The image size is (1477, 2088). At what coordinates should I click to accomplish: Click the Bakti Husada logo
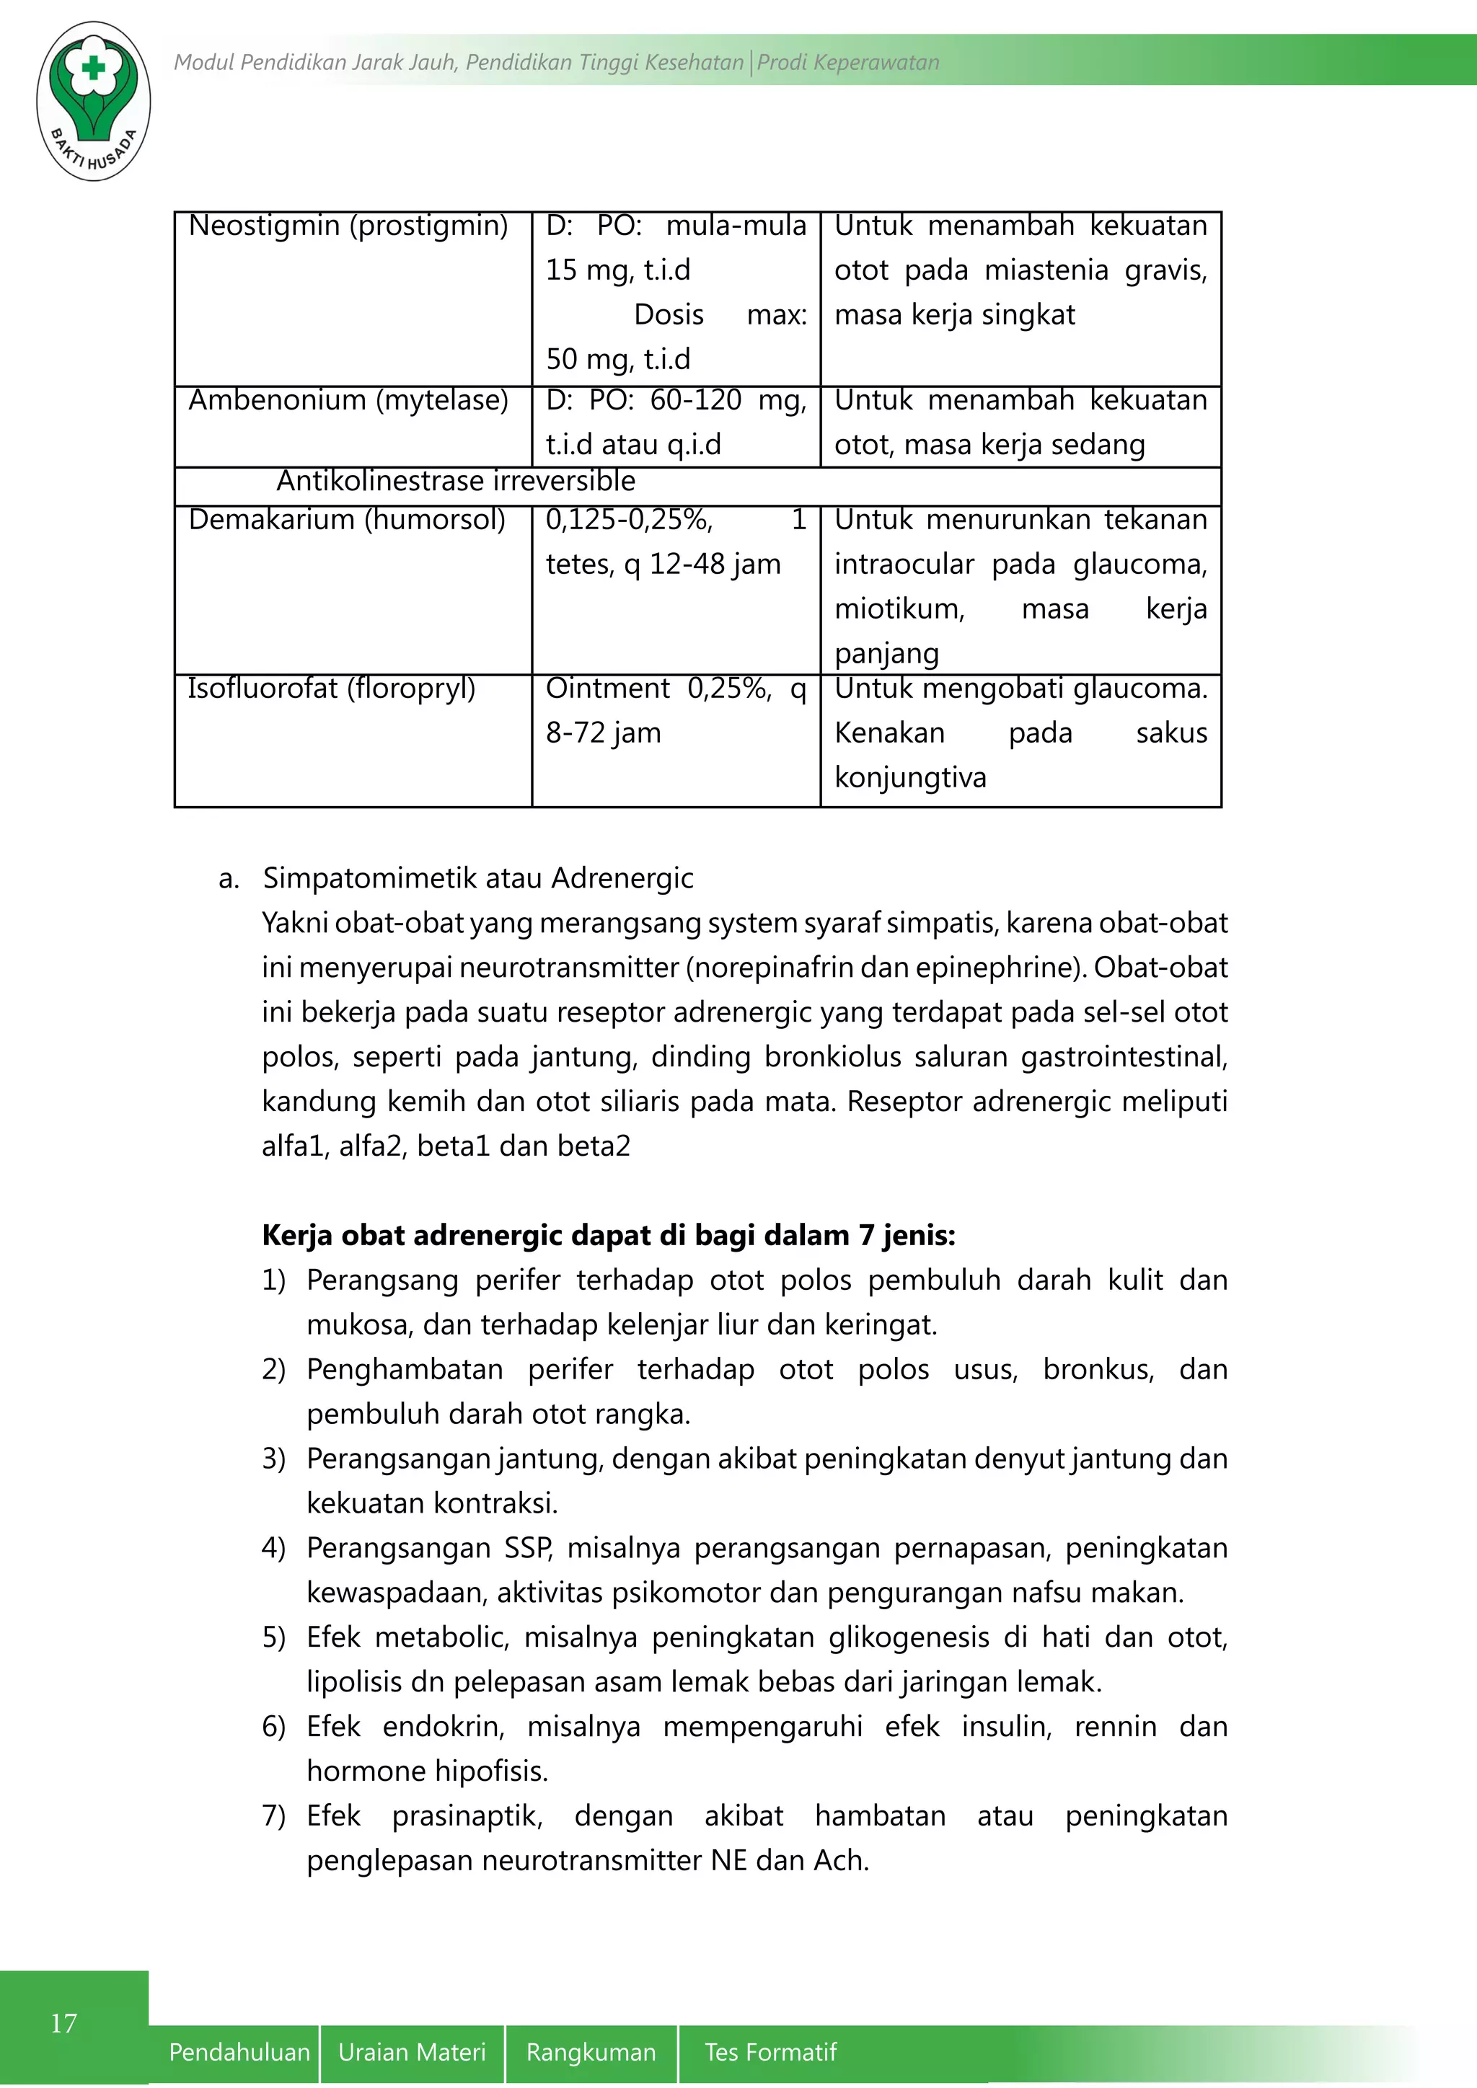tap(93, 100)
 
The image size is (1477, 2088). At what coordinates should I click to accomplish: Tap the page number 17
tap(63, 2022)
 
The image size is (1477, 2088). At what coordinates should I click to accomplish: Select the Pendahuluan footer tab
tap(239, 2053)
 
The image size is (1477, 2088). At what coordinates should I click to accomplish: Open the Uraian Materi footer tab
tap(412, 2053)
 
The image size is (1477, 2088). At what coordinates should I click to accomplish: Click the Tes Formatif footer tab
tap(770, 2053)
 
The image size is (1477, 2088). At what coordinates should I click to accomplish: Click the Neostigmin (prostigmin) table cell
tap(348, 226)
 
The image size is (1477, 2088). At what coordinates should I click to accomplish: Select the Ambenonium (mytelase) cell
tap(348, 400)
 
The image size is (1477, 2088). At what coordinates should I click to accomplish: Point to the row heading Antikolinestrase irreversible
tap(456, 481)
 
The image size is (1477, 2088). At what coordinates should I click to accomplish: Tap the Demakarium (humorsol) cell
tap(346, 520)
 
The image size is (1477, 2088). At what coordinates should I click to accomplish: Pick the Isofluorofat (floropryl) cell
tap(332, 689)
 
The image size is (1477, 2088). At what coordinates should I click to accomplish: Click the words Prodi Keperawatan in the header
tap(847, 63)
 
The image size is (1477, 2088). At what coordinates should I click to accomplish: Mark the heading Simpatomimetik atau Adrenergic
tap(477, 878)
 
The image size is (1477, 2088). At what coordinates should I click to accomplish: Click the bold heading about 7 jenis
tap(609, 1235)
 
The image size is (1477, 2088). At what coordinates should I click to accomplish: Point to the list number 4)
tap(274, 1548)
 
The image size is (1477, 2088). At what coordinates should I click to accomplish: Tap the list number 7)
tap(274, 1816)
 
